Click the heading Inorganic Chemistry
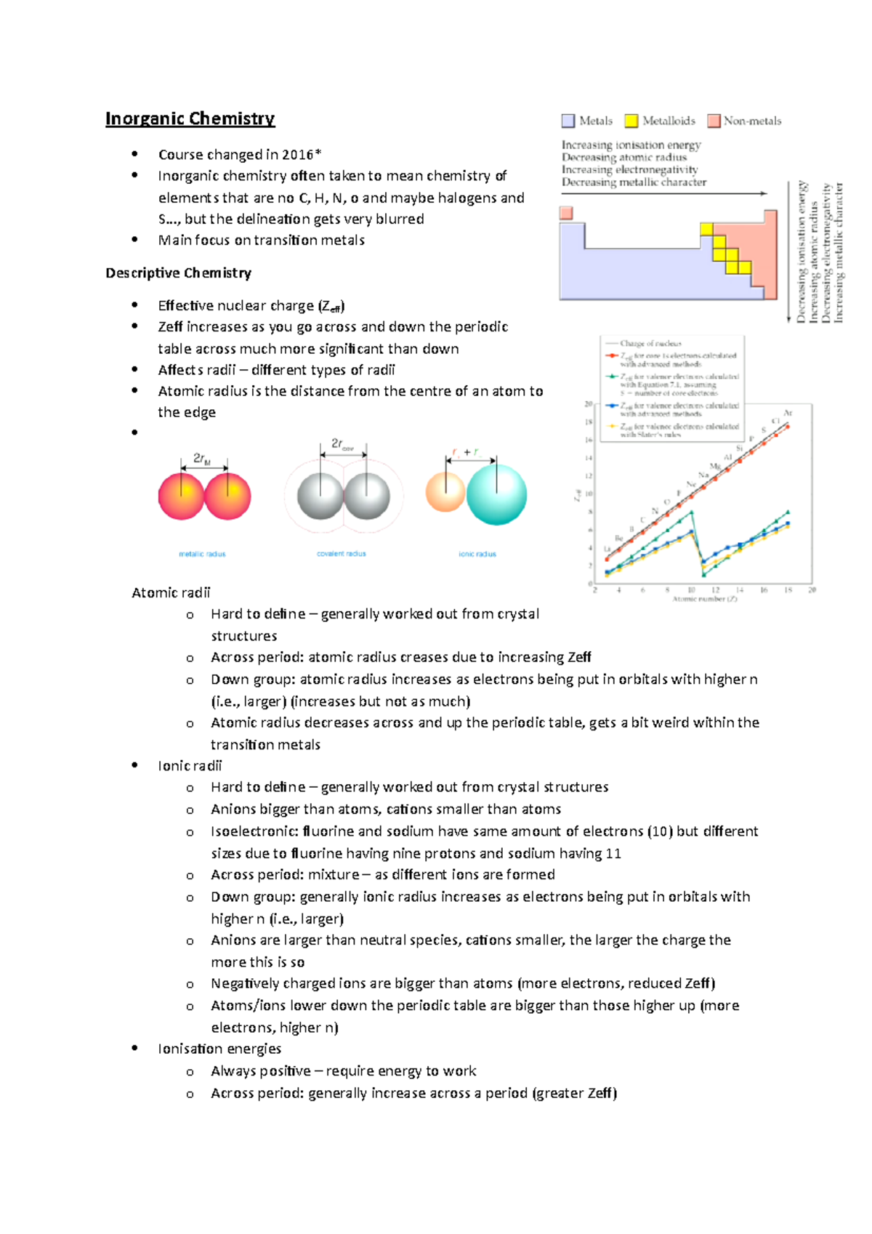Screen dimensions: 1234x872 (190, 118)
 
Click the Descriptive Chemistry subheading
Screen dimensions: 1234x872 (178, 273)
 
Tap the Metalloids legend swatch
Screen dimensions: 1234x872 (631, 121)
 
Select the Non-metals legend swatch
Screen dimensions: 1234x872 (714, 121)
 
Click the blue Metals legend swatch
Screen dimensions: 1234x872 (568, 121)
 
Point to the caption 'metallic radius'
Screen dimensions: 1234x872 (202, 554)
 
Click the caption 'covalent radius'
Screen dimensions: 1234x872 (341, 554)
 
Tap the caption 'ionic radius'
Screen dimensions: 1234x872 (477, 554)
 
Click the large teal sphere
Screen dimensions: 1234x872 (496, 495)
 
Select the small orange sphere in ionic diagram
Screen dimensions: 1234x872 (445, 492)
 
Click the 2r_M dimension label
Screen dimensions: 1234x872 (201, 459)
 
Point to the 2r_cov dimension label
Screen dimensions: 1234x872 (342, 444)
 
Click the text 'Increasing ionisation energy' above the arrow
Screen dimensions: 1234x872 (631, 145)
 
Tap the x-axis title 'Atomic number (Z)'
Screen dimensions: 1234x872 (704, 599)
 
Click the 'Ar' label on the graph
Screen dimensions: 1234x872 (788, 413)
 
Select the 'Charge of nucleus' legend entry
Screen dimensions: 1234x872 (650, 343)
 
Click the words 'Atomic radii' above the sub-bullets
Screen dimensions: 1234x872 (171, 593)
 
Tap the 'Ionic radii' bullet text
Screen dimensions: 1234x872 (190, 766)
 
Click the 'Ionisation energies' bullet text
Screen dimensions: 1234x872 (219, 1049)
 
